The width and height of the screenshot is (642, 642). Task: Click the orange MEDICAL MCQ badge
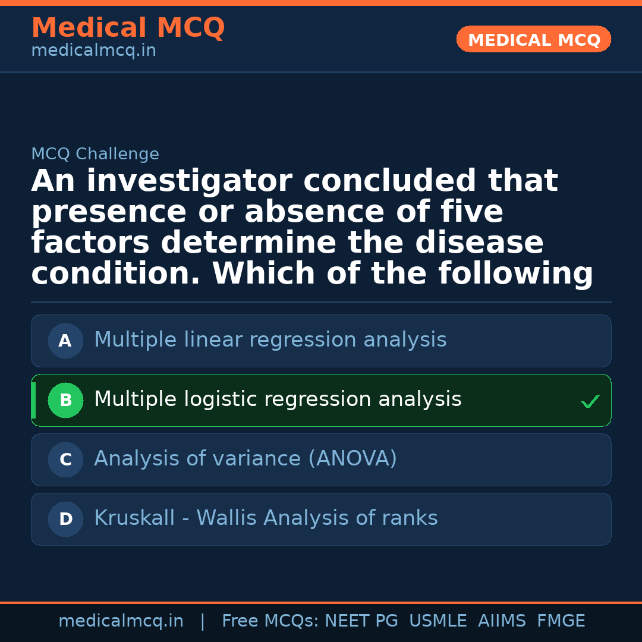point(533,39)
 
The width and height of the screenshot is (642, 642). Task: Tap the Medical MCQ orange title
point(128,28)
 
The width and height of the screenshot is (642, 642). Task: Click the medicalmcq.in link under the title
point(93,51)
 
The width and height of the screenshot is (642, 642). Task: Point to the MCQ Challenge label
point(95,155)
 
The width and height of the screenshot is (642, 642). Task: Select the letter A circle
point(65,341)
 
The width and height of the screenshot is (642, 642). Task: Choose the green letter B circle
point(65,401)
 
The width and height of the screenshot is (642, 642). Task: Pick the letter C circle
point(65,460)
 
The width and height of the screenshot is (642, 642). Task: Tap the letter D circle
point(65,520)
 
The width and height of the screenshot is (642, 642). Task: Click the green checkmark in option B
point(590,402)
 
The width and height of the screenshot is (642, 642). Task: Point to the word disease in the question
point(479,243)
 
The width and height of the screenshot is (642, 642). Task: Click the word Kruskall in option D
point(134,518)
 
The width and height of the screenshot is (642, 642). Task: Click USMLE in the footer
point(438,621)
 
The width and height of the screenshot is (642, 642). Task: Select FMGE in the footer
point(561,621)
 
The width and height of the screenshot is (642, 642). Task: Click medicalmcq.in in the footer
point(121,621)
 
